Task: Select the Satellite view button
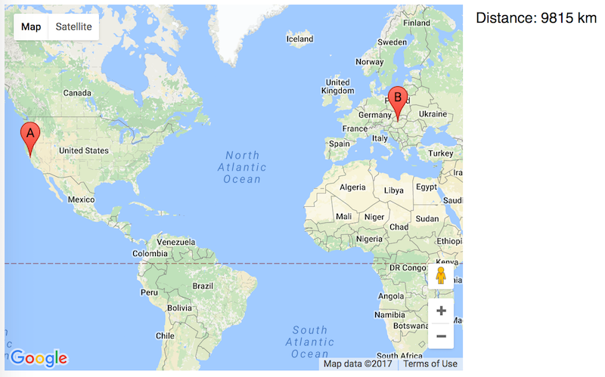(73, 26)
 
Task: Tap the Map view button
(31, 26)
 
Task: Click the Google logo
(39, 358)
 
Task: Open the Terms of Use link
(430, 363)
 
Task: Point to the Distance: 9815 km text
(536, 19)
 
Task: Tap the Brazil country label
(203, 286)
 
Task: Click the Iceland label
(299, 39)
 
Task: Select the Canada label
(77, 93)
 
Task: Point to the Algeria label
(352, 187)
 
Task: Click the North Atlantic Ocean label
(242, 167)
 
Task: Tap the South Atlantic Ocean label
(310, 341)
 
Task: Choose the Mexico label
(81, 199)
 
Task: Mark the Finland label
(416, 23)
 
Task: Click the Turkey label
(439, 153)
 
